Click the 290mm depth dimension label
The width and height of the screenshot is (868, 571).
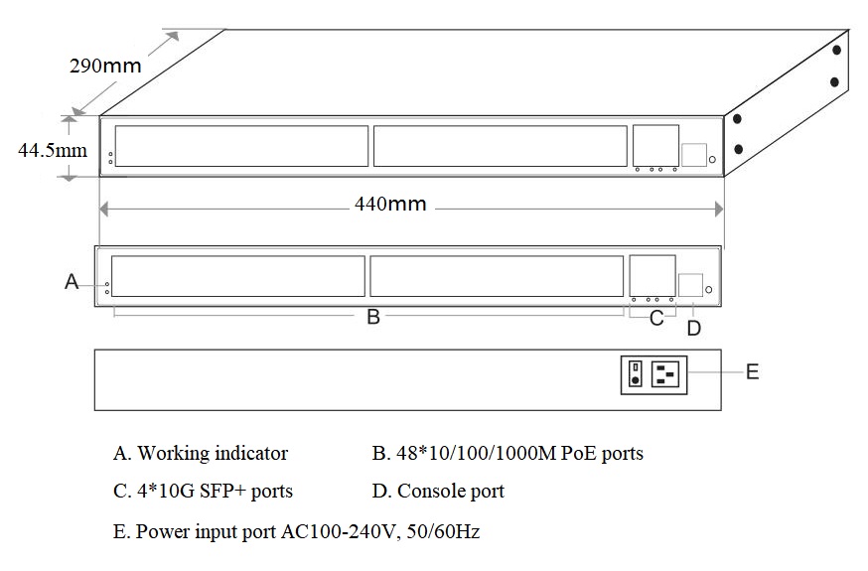click(105, 66)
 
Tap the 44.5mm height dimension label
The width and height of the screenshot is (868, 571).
click(53, 150)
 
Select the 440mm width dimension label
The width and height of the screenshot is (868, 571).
click(390, 204)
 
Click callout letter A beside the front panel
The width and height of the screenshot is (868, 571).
click(72, 282)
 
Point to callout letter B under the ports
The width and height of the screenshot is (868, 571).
click(373, 317)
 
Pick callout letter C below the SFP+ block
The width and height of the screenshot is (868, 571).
click(656, 318)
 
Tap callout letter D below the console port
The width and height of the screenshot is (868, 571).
click(693, 328)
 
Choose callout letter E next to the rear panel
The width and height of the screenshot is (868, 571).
click(753, 371)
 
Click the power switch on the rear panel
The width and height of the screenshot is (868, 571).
click(636, 373)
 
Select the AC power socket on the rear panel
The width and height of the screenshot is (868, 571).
click(664, 374)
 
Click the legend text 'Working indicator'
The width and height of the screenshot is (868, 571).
click(213, 453)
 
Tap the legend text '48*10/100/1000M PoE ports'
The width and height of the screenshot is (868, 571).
click(519, 453)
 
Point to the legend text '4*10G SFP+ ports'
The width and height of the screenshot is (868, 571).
click(215, 491)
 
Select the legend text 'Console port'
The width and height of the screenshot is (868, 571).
click(451, 491)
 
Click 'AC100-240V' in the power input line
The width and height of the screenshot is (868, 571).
click(340, 531)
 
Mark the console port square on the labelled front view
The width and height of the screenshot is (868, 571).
click(691, 285)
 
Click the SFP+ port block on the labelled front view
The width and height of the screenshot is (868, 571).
click(652, 275)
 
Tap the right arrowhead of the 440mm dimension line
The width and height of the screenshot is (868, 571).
click(719, 210)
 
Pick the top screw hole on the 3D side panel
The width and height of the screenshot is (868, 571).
click(837, 50)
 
